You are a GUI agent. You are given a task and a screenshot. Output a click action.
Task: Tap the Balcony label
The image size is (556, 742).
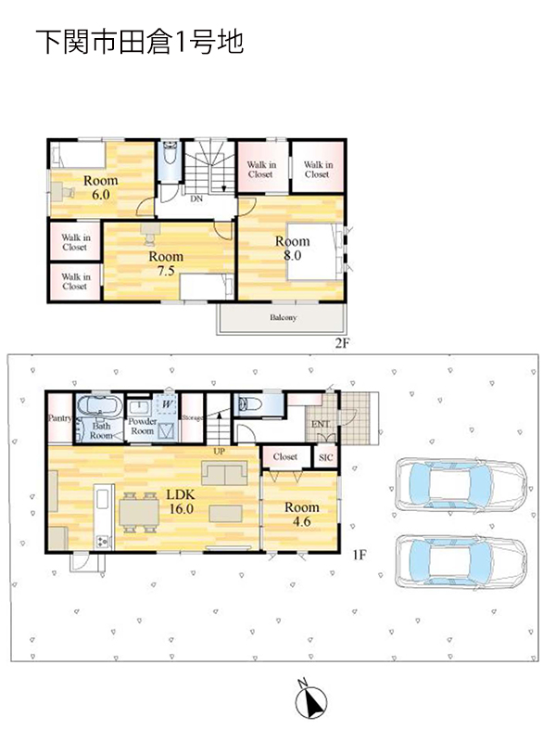284,317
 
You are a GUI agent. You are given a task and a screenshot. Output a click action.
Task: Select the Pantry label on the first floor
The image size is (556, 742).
60,419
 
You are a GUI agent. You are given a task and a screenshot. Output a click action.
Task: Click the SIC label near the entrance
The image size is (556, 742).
326,457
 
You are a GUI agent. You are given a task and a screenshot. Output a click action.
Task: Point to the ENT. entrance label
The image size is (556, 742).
321,425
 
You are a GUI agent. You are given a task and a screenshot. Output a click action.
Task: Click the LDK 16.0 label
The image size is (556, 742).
181,502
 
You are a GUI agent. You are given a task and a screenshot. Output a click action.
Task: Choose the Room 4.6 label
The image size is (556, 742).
302,515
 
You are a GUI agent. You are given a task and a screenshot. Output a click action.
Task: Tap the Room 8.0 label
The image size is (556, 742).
292,249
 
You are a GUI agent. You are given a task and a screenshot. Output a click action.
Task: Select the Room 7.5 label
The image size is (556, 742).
166,263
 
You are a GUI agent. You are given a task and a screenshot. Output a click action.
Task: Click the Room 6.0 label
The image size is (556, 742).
101,187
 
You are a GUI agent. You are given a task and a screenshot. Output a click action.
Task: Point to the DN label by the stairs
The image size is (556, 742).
196,199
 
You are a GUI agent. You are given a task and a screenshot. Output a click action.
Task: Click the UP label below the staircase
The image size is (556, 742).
219,452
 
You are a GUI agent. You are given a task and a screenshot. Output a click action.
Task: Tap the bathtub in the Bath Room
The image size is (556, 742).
99,406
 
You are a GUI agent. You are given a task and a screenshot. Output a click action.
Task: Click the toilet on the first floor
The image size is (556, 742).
248,403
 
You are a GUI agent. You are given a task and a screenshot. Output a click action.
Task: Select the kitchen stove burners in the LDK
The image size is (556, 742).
103,542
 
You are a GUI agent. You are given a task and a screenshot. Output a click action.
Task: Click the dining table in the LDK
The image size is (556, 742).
139,513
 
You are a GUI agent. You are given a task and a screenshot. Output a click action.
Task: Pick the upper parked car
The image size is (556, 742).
461,484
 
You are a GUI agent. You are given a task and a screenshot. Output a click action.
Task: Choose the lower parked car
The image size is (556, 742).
461,562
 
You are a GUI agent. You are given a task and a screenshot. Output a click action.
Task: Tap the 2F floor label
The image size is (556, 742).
342,343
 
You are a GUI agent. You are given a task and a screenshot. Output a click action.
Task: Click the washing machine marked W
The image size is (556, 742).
167,404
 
